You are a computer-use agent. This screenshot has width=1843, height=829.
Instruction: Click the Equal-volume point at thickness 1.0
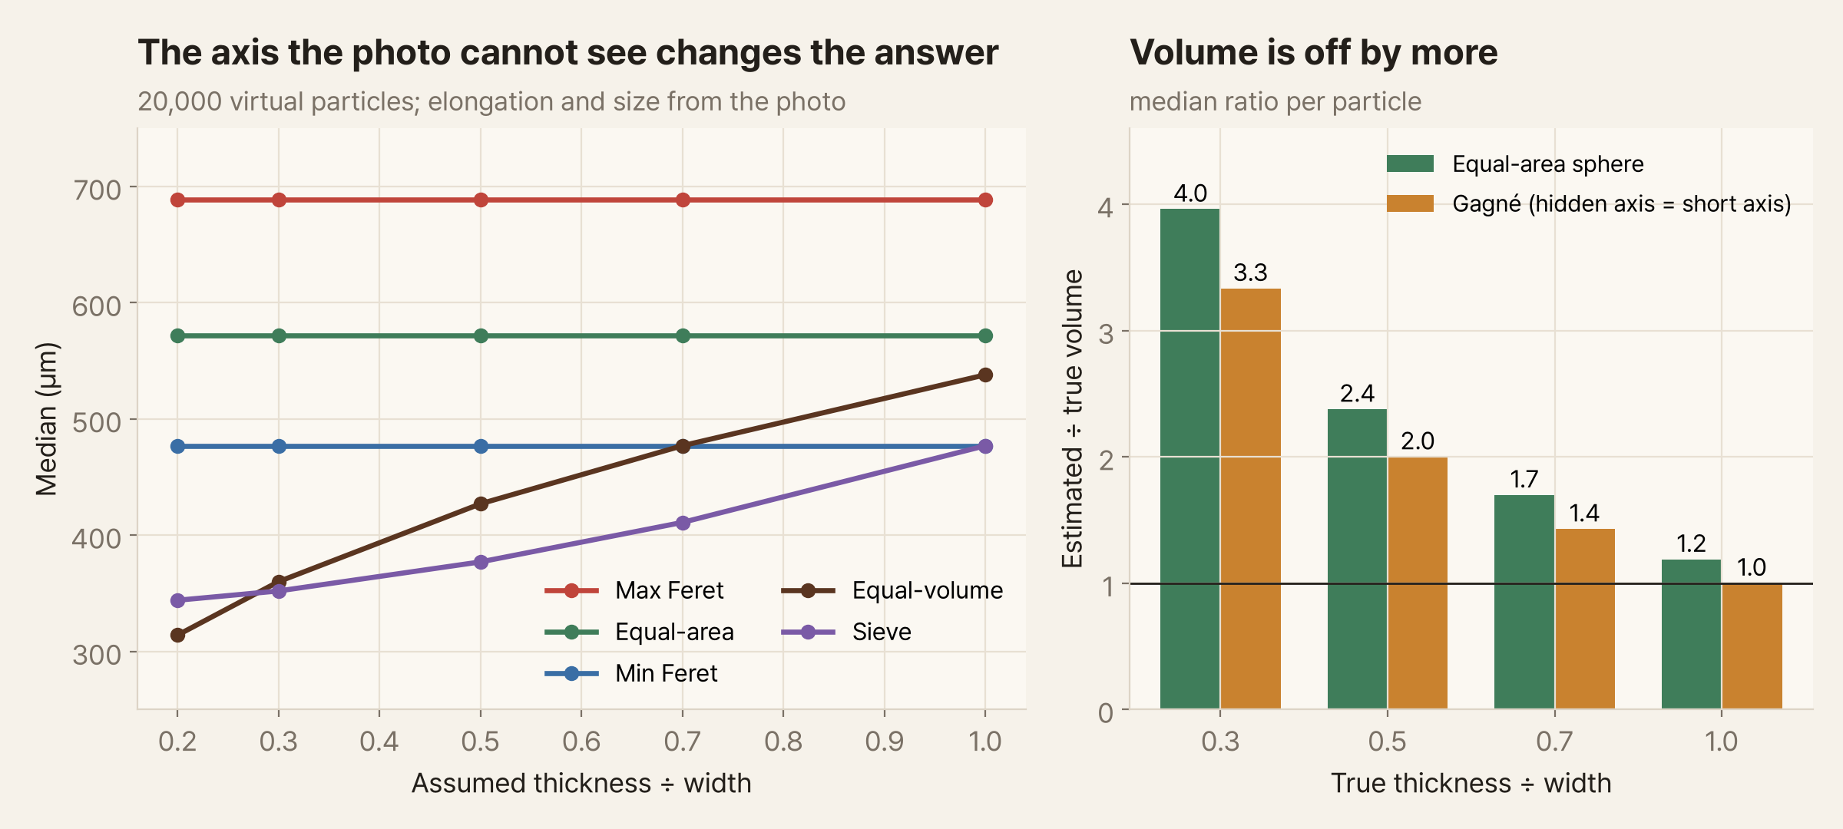click(985, 375)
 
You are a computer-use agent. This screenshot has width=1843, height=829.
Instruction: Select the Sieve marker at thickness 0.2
click(177, 600)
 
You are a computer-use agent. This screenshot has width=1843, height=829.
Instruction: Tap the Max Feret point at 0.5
click(481, 200)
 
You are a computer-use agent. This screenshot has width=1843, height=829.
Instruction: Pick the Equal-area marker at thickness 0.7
click(683, 335)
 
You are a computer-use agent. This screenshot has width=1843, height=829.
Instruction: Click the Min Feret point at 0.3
click(279, 446)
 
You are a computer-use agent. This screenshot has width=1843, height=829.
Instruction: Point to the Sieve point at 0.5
click(481, 562)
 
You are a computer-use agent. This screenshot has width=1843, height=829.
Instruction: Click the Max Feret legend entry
click(634, 590)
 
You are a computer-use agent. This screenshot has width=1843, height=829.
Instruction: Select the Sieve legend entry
click(846, 632)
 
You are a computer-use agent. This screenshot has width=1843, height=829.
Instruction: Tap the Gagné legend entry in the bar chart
click(1589, 203)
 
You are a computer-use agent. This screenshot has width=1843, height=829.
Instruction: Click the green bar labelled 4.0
click(1190, 459)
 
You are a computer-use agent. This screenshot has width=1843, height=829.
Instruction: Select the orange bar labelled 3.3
click(1250, 499)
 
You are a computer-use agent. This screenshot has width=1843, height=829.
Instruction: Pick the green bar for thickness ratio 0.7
click(1524, 603)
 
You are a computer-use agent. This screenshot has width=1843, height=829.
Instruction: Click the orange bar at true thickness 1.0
click(1752, 646)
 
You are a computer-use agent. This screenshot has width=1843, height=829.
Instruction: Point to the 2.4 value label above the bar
click(1357, 394)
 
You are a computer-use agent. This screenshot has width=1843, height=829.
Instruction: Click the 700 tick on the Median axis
click(97, 190)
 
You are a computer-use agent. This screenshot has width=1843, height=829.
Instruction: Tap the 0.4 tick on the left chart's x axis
click(379, 741)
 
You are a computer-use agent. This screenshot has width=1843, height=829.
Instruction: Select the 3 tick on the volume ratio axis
click(1106, 334)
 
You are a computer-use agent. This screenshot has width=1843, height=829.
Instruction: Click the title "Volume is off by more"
click(1313, 53)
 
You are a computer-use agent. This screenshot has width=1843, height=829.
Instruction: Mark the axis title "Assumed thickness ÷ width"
click(581, 783)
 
